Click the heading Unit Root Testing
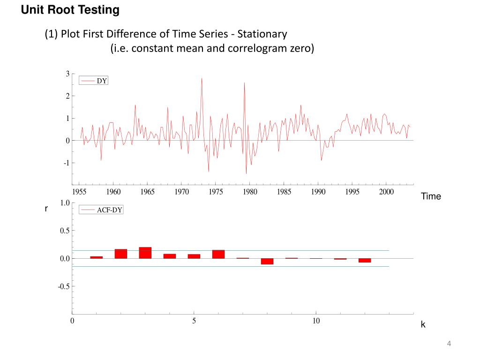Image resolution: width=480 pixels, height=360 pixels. (x=70, y=9)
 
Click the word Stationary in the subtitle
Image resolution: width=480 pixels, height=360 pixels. (x=262, y=34)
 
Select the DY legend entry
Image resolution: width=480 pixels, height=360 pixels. (x=102, y=81)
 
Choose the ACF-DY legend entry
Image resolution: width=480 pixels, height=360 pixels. (x=109, y=210)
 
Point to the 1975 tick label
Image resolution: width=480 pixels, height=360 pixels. (x=216, y=192)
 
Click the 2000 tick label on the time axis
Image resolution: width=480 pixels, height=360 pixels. (x=386, y=192)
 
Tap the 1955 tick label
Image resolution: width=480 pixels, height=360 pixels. (x=79, y=192)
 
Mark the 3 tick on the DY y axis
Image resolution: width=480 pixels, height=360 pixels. (x=67, y=74)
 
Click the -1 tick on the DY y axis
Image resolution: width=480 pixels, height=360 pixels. (x=67, y=163)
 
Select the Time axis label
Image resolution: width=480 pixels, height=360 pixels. (x=431, y=196)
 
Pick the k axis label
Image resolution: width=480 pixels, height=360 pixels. (x=423, y=324)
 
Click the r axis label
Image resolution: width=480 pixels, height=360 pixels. (x=46, y=209)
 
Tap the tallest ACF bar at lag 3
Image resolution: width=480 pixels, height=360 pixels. (x=145, y=253)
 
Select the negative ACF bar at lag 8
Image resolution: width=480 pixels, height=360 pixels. (x=267, y=261)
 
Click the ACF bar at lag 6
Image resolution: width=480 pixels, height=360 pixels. (x=218, y=254)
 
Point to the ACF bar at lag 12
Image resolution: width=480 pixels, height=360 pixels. (x=365, y=260)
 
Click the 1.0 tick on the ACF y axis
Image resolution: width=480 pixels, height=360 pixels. (x=64, y=203)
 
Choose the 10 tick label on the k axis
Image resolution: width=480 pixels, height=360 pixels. (x=316, y=321)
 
